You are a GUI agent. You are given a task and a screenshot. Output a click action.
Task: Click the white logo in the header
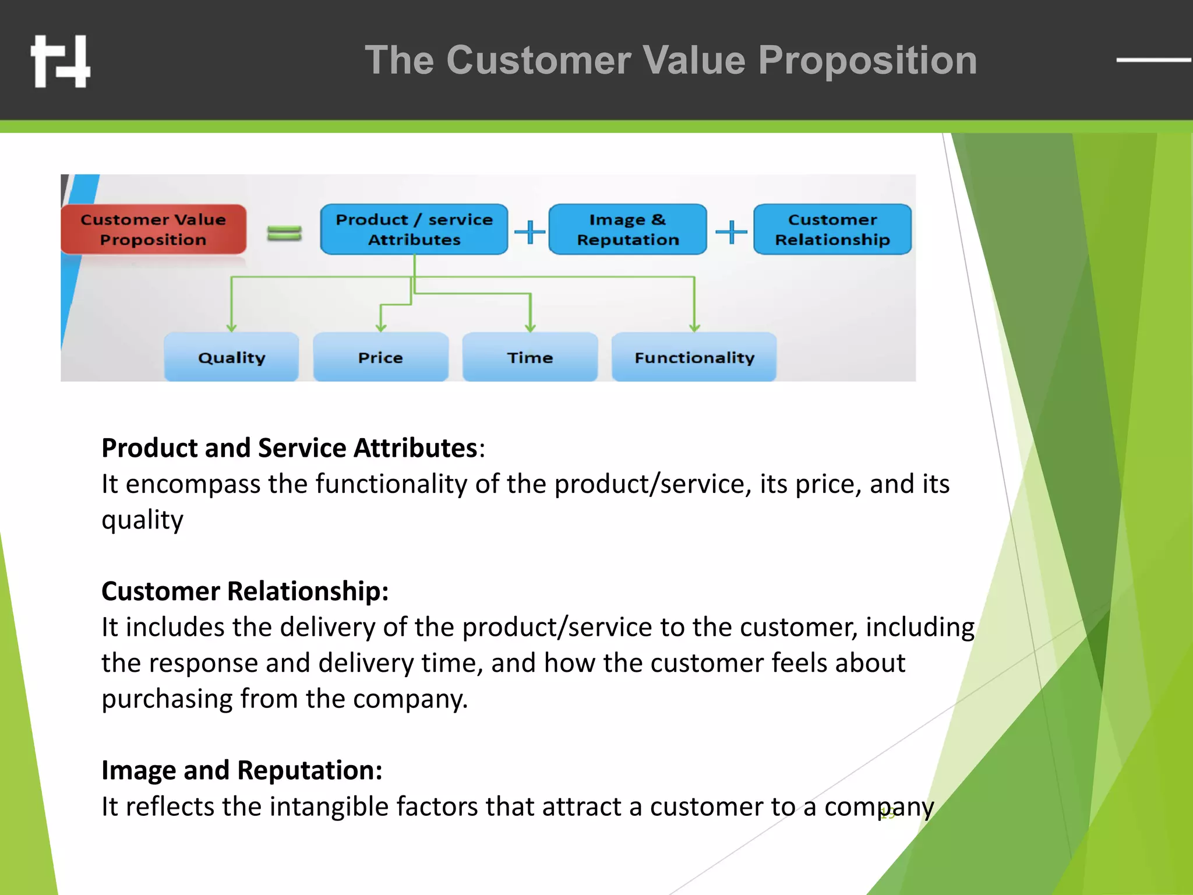[61, 61]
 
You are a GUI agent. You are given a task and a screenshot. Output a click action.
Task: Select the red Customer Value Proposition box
[153, 230]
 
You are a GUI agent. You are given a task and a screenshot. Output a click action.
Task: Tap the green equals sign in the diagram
[284, 233]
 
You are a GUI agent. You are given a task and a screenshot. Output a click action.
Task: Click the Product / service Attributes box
[414, 230]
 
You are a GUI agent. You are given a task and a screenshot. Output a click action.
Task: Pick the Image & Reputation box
[627, 230]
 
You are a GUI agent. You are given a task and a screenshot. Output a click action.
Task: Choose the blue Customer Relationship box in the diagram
[832, 230]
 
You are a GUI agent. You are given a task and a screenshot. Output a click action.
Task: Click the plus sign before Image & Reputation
[530, 232]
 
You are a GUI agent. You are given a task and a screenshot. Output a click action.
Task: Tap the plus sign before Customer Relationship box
[730, 232]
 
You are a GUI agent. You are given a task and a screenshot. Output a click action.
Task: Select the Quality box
[231, 357]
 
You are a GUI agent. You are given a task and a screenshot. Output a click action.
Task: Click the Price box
[380, 357]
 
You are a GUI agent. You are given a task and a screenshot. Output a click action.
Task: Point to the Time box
[530, 357]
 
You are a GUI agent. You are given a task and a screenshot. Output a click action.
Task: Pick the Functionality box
[694, 357]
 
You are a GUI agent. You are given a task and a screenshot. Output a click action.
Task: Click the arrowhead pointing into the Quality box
[232, 328]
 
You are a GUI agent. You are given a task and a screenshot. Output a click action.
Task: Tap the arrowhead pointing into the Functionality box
[694, 328]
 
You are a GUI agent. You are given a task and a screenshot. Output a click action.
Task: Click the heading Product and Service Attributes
[290, 448]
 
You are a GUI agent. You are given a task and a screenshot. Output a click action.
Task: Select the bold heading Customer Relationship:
[245, 591]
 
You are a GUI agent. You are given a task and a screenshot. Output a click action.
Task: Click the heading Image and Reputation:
[242, 770]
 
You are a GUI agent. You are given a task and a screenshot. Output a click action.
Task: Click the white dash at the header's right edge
[1153, 59]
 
